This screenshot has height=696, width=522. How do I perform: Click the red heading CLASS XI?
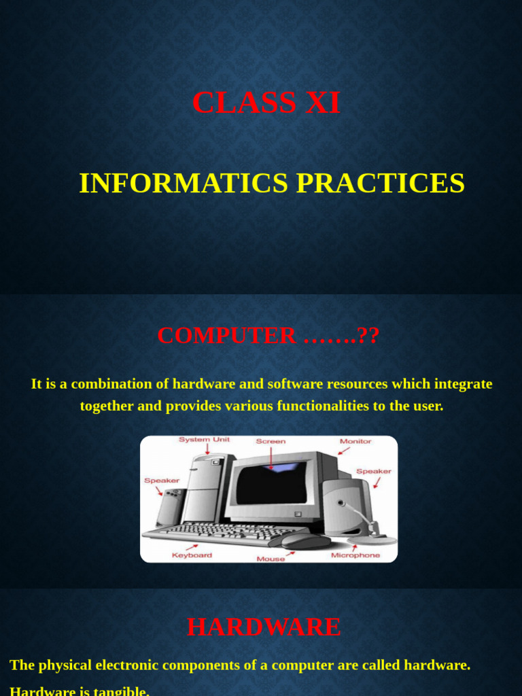tap(266, 103)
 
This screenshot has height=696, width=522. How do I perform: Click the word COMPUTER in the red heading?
tap(226, 336)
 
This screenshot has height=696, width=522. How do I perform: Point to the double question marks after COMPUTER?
tap(368, 336)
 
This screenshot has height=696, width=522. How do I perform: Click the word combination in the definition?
tap(120, 384)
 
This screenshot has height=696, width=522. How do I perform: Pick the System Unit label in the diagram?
tap(205, 440)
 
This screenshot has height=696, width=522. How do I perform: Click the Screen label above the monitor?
tap(271, 441)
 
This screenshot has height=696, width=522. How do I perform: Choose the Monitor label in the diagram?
tap(355, 441)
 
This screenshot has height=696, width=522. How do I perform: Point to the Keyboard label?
tap(192, 555)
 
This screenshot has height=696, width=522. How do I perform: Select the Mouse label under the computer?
tap(270, 559)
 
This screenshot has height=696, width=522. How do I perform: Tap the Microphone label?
tap(355, 555)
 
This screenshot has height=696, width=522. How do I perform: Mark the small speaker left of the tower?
tap(170, 506)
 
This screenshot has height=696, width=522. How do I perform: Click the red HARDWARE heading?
tap(264, 627)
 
